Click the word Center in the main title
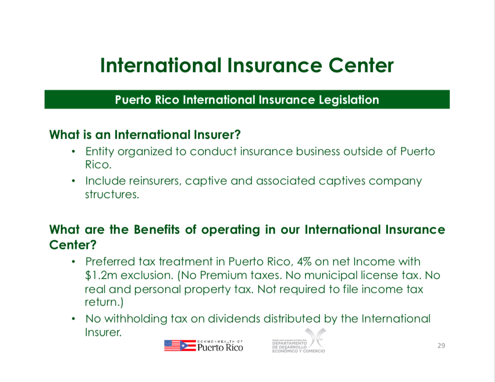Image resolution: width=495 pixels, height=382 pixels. (361, 65)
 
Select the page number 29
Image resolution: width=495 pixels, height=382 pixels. (442, 346)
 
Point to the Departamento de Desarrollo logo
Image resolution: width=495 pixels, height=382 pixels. (299, 341)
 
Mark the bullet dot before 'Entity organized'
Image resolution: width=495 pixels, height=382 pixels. (73, 151)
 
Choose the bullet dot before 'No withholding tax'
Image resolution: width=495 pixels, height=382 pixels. (73, 319)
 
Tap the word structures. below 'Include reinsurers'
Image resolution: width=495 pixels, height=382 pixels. (112, 194)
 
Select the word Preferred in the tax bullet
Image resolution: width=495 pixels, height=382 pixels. (110, 262)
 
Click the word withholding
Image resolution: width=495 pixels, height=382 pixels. (136, 318)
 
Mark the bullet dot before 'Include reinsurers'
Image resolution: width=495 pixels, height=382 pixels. (73, 181)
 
